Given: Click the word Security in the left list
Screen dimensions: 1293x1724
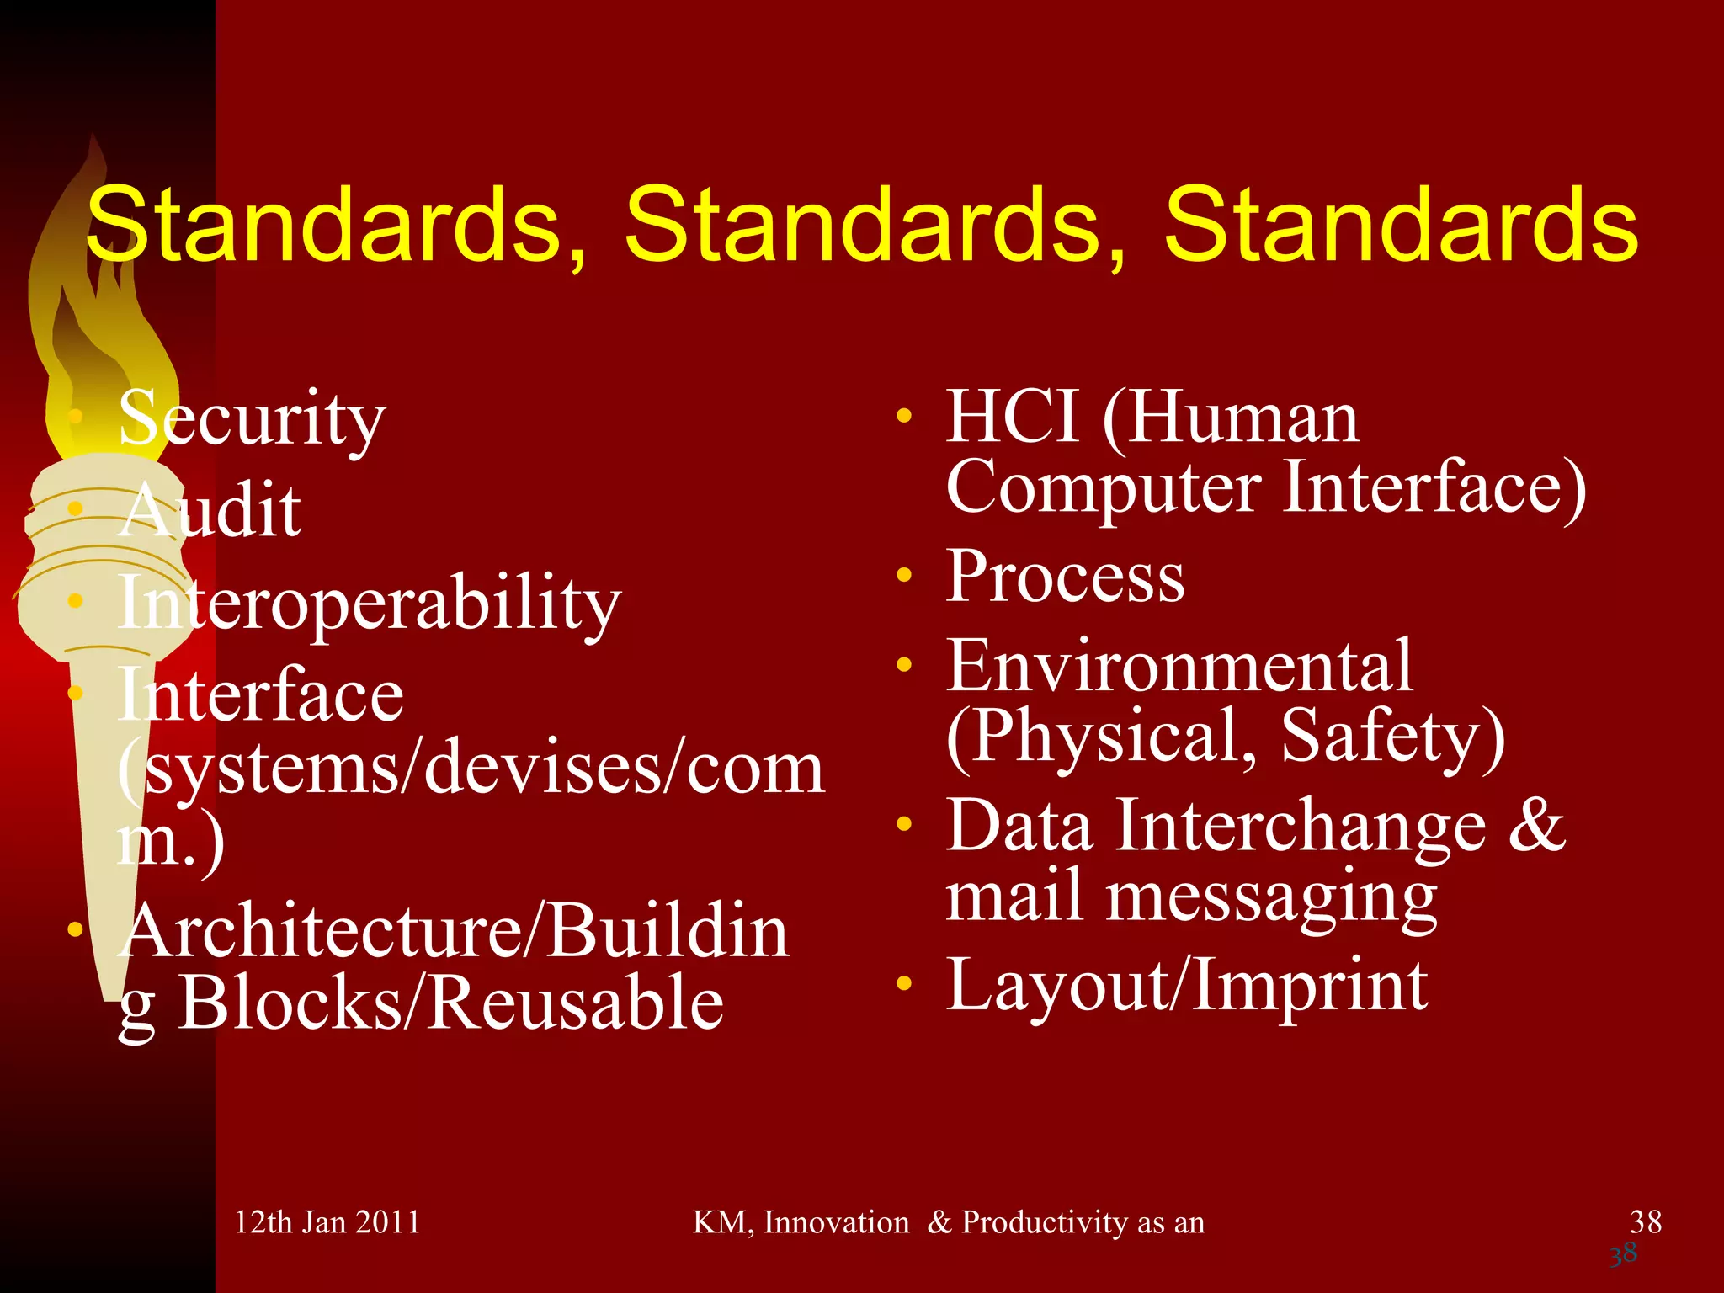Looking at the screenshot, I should pyautogui.click(x=252, y=418).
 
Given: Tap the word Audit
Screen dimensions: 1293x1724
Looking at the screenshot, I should pyautogui.click(x=210, y=510).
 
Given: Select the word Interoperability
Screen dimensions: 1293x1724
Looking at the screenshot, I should pyautogui.click(x=369, y=603).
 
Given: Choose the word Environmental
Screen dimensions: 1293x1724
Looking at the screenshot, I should pyautogui.click(x=1179, y=666).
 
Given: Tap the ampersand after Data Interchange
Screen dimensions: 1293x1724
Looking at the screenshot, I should pyautogui.click(x=1536, y=824).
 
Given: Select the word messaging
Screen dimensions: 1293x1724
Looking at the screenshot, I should pyautogui.click(x=1271, y=897).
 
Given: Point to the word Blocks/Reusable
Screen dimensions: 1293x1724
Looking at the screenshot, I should pyautogui.click(x=451, y=1003).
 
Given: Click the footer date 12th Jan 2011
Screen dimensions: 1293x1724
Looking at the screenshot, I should pyautogui.click(x=327, y=1222).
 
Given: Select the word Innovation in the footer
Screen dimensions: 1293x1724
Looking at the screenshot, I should pyautogui.click(x=836, y=1222).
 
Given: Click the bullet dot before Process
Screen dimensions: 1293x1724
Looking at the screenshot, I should pyautogui.click(x=904, y=576).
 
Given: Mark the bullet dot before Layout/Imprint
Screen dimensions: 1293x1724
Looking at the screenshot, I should pyautogui.click(x=904, y=983).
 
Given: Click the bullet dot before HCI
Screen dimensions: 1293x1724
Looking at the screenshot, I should pyautogui.click(x=904, y=415).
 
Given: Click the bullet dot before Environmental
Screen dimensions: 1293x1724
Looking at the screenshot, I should pyautogui.click(x=904, y=665).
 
